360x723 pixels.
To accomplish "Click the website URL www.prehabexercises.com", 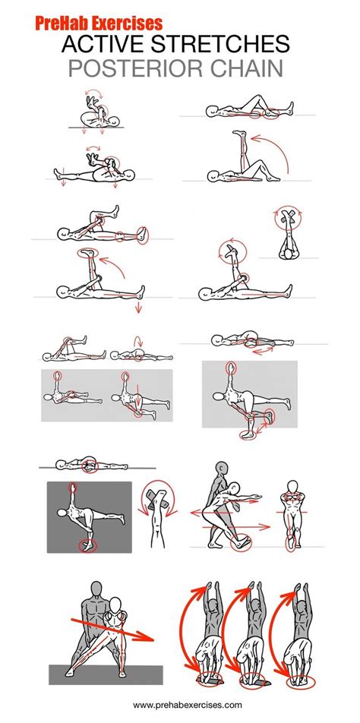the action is pyautogui.click(x=188, y=705).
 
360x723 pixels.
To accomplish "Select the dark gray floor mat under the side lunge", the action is pyautogui.click(x=106, y=674).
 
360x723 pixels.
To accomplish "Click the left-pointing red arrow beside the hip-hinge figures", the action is pyautogui.click(x=211, y=513).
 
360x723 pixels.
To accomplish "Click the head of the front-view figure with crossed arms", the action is pyautogui.click(x=292, y=487).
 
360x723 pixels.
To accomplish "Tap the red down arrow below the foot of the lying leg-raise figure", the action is pyautogui.click(x=137, y=308).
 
